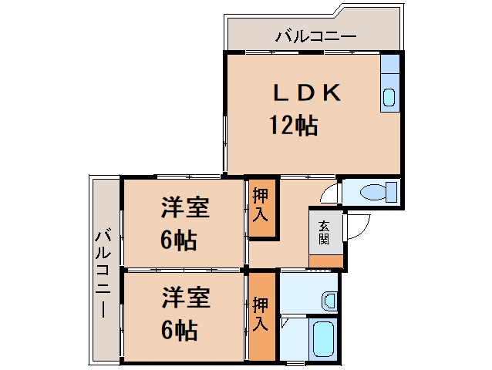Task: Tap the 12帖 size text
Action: [x=293, y=124]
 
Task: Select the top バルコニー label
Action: [x=315, y=35]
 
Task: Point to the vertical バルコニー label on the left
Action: [x=105, y=270]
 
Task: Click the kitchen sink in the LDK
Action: [x=389, y=97]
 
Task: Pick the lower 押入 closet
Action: [x=261, y=314]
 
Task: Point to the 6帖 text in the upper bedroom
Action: [x=178, y=241]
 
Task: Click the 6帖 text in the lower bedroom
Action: [x=178, y=331]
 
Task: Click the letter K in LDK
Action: [x=330, y=92]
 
